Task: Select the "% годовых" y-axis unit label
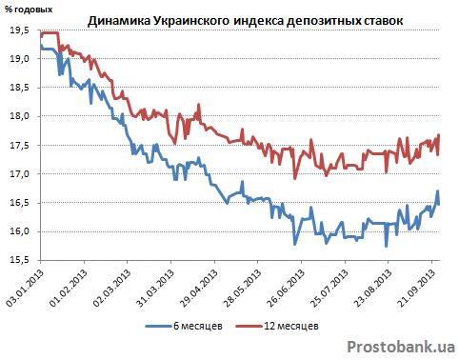(x=29, y=10)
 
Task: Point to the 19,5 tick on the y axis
(x=20, y=30)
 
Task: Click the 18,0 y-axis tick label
(x=20, y=116)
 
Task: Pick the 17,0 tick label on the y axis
(x=20, y=173)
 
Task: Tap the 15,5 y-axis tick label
(x=20, y=260)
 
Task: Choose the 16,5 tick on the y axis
(x=20, y=203)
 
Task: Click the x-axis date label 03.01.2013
(x=25, y=289)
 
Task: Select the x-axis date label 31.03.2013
(x=156, y=289)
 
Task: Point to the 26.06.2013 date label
(x=287, y=289)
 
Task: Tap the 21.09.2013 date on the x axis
(x=416, y=289)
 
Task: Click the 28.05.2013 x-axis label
(x=243, y=289)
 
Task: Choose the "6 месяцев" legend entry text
(x=198, y=326)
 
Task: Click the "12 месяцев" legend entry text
(x=291, y=326)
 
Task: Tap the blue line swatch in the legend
(x=159, y=326)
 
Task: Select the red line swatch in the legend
(x=249, y=326)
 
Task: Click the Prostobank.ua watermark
(x=401, y=347)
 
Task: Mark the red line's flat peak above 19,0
(x=50, y=32)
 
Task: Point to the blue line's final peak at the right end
(x=437, y=190)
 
